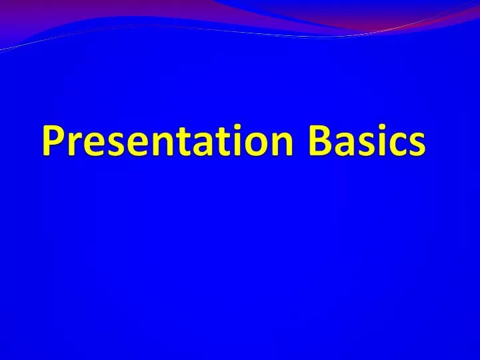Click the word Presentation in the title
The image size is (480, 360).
tap(167, 142)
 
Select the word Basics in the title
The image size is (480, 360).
tap(366, 142)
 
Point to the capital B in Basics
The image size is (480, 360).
tap(319, 141)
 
